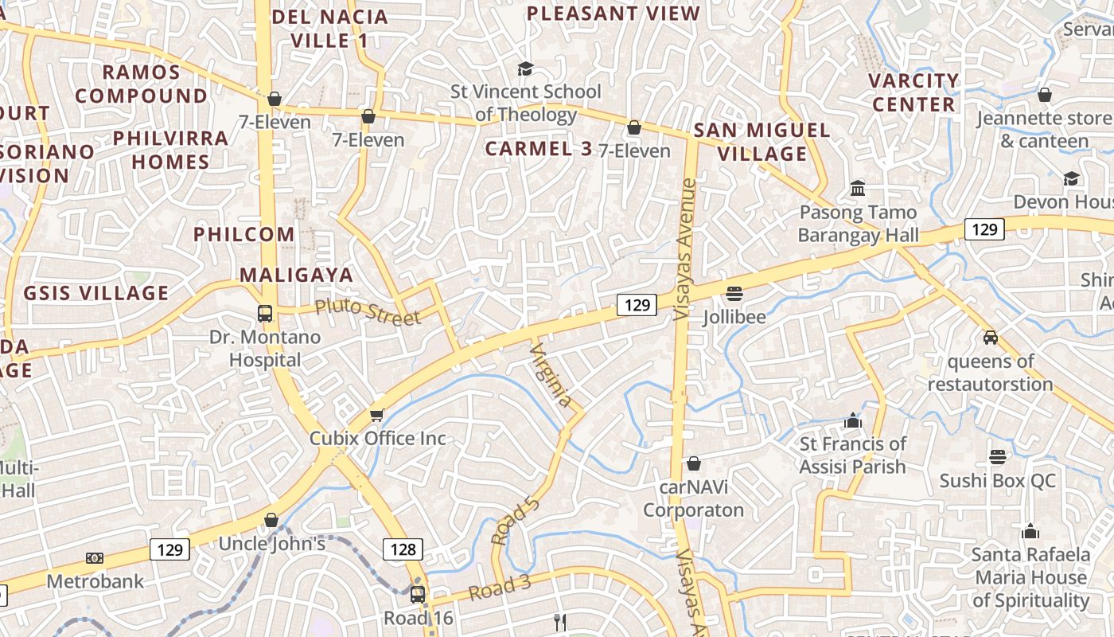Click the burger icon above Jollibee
click(734, 293)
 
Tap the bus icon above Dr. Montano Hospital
click(265, 313)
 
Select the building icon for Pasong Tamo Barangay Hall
click(858, 189)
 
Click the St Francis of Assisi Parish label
click(853, 455)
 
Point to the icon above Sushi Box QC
click(998, 457)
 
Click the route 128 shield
click(403, 549)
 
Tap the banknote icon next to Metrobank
click(95, 558)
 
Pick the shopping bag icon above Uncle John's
click(271, 520)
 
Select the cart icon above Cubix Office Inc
click(377, 415)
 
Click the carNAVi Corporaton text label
click(694, 498)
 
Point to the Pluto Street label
click(367, 311)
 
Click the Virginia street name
click(551, 375)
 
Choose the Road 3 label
click(499, 588)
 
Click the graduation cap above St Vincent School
click(524, 68)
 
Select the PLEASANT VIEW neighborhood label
click(613, 14)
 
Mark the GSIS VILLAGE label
click(96, 293)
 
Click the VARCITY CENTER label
click(913, 92)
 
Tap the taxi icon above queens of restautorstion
click(991, 337)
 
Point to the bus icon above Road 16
click(418, 594)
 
